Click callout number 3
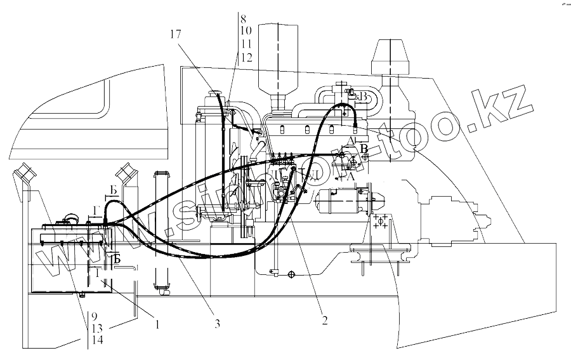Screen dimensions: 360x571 [x=217, y=323]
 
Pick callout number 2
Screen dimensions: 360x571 [x=324, y=321]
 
